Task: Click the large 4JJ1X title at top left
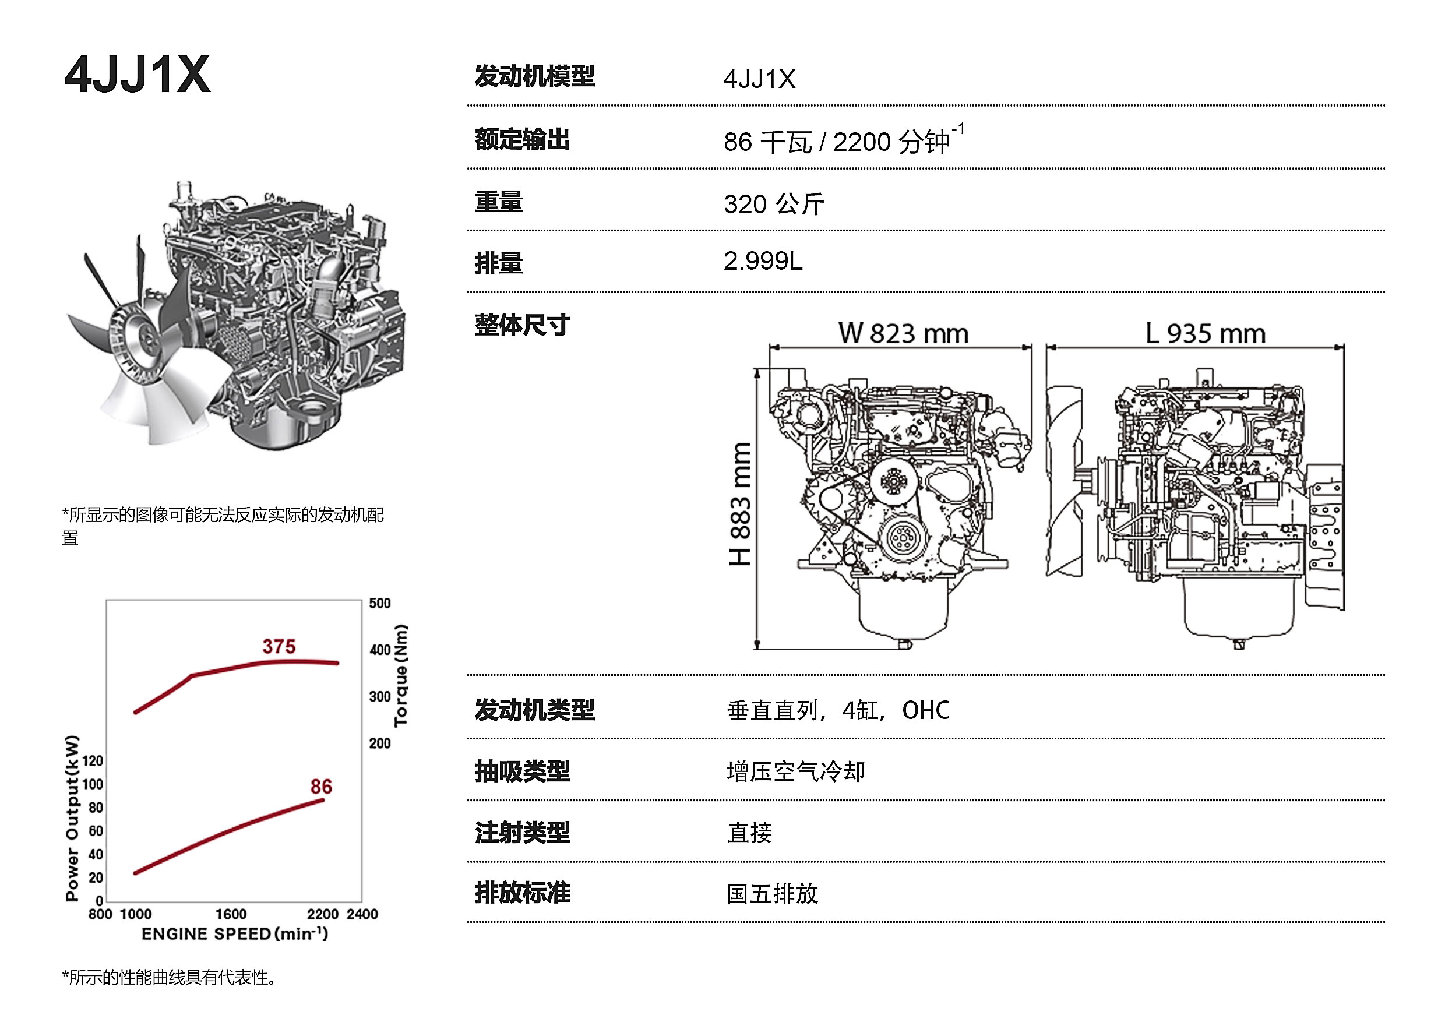(x=137, y=74)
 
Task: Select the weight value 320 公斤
(x=773, y=204)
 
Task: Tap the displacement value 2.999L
(x=763, y=260)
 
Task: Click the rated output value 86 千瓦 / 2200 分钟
(x=843, y=140)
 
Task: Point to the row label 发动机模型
(x=534, y=76)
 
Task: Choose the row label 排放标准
(x=523, y=893)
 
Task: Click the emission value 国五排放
(x=772, y=894)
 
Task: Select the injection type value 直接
(x=749, y=833)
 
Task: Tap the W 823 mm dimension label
(x=903, y=333)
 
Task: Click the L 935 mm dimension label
(x=1205, y=333)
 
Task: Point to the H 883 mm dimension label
(x=740, y=503)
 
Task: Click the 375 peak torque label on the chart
(x=279, y=646)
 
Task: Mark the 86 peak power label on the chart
(x=321, y=787)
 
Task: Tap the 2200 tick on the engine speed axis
(x=323, y=914)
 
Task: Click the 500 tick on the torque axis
(x=380, y=603)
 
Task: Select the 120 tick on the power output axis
(x=93, y=761)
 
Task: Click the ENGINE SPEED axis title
(x=235, y=933)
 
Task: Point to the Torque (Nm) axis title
(x=401, y=675)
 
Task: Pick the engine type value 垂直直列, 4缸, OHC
(x=838, y=710)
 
